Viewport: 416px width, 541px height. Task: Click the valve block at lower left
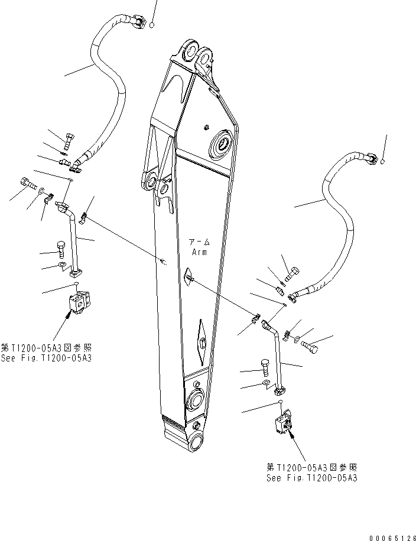point(78,302)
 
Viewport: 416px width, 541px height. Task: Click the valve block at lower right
point(284,424)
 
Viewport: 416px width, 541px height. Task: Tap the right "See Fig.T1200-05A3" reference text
point(311,477)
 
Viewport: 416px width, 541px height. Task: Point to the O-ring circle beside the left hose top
point(151,25)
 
